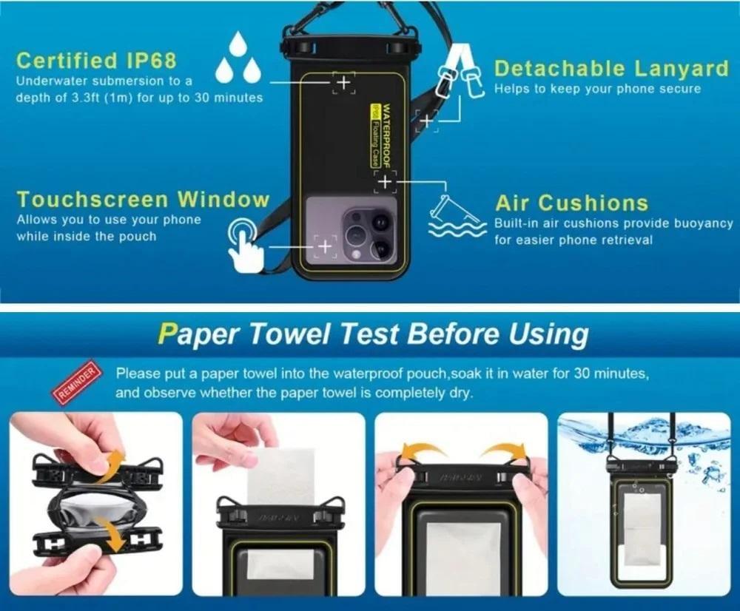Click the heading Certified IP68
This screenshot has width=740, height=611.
pos(96,61)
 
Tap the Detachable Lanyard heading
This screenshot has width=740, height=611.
pos(612,68)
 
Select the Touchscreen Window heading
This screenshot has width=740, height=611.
pos(143,200)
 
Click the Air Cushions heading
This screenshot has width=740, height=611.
pos(571,203)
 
